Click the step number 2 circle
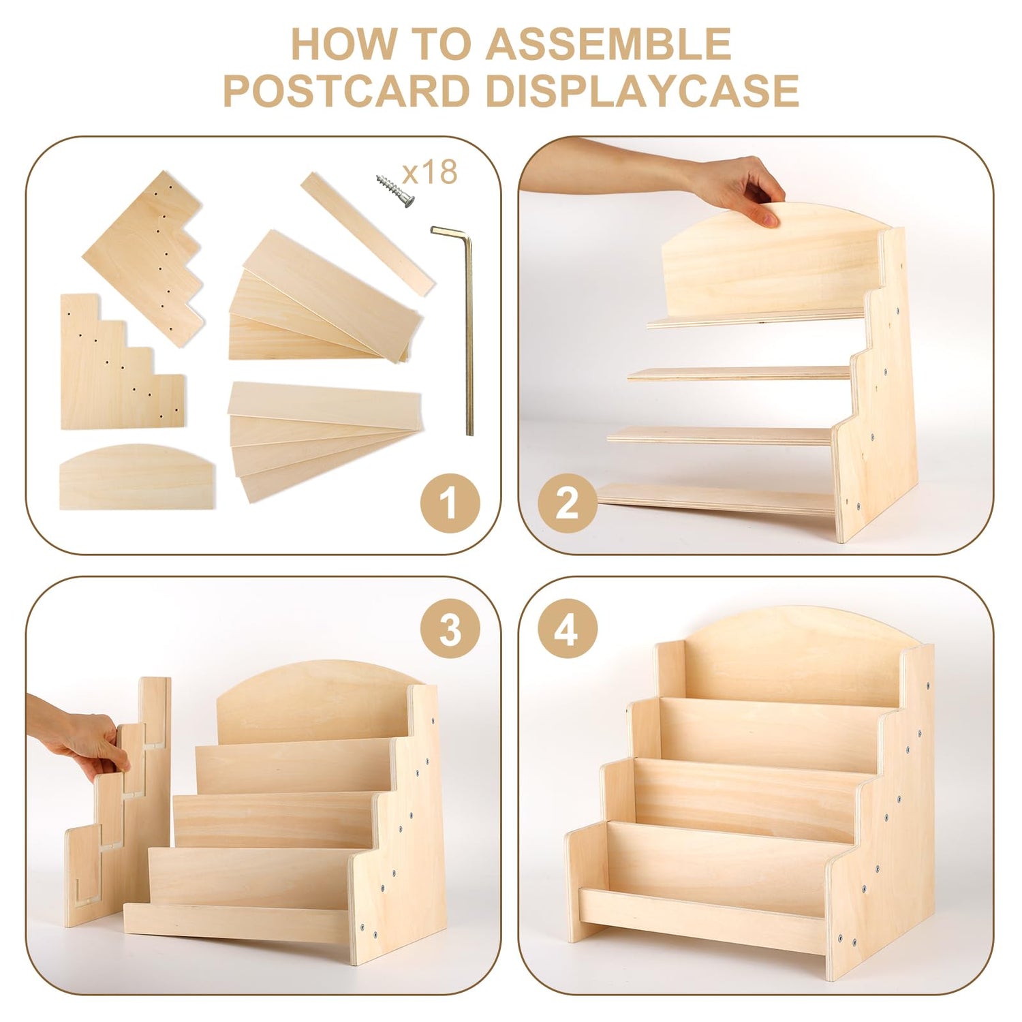568,504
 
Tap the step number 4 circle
568,628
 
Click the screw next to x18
395,190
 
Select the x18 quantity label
431,173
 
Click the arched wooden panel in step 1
137,477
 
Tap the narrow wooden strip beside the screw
368,234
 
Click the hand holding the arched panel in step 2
736,187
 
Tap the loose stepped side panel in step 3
117,804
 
